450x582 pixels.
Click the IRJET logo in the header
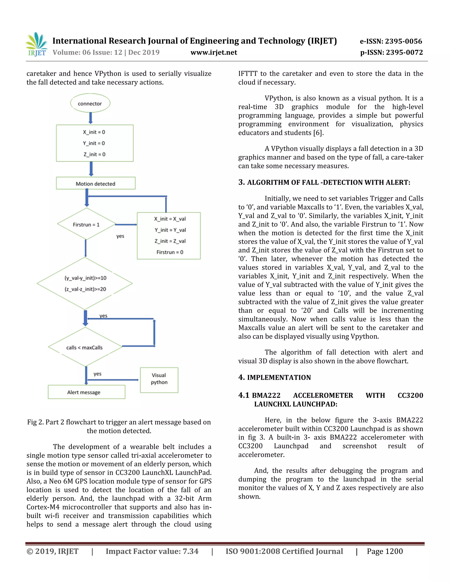pos(37,45)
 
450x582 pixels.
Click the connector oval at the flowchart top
pos(90,103)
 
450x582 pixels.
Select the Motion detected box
pos(95,183)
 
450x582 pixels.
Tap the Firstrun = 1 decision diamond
pos(86,224)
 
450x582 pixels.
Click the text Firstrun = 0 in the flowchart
pos(170,252)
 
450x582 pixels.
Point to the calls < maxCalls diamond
pos(85,347)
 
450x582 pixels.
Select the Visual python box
pos(159,380)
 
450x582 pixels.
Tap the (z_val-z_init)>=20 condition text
pos(85,289)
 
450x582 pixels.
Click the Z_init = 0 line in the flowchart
pos(94,154)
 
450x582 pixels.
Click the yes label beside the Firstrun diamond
pos(120,236)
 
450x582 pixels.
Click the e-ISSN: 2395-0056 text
pos(391,41)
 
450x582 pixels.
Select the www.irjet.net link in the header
pos(214,52)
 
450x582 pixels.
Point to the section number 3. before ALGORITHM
pos(241,182)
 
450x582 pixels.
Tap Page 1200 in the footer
pos(385,551)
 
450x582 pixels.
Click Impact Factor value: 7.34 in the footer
pos(152,551)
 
